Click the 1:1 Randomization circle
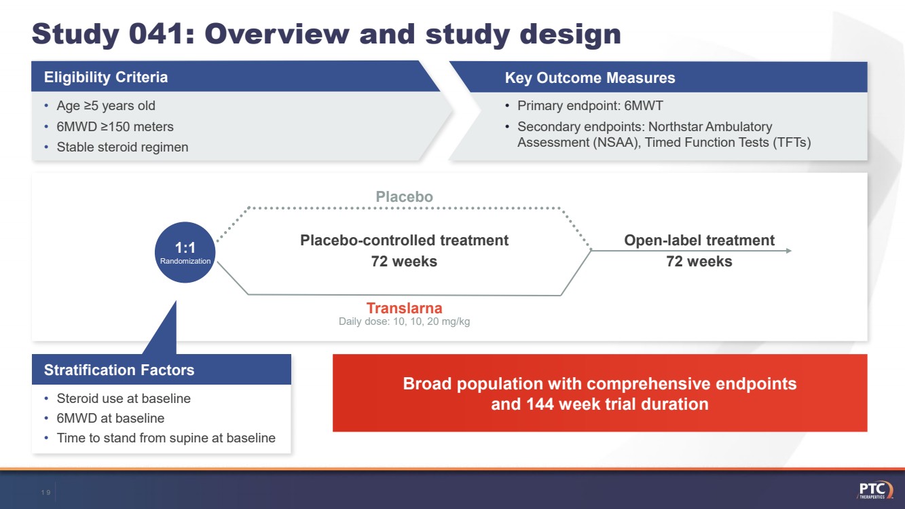click(185, 252)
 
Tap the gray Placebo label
click(404, 197)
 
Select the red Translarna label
click(404, 309)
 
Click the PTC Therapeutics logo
click(875, 490)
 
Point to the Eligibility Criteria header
click(106, 77)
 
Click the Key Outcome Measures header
click(589, 78)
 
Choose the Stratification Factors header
click(119, 370)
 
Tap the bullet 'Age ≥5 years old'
click(105, 106)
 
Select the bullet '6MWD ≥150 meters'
click(115, 126)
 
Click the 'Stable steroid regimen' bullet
click(122, 147)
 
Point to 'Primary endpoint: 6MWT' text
click(590, 106)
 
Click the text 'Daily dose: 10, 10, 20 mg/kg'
click(404, 321)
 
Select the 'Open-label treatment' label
click(699, 241)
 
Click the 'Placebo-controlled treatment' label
click(404, 241)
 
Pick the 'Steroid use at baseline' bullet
click(124, 398)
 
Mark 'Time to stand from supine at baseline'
click(166, 438)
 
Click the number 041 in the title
click(149, 34)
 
